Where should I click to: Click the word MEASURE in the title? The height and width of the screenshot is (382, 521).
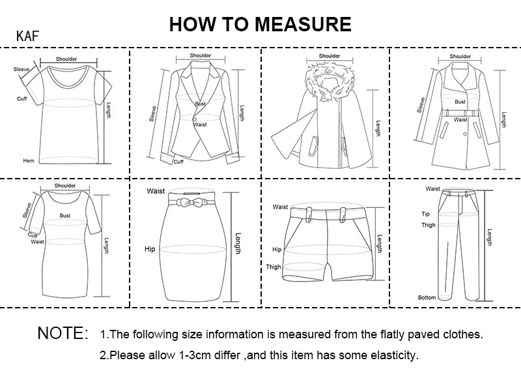click(x=303, y=24)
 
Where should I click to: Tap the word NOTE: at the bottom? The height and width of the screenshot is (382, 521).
click(x=63, y=334)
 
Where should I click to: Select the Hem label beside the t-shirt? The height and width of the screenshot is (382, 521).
click(x=28, y=160)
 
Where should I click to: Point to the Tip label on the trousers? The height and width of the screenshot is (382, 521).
click(x=425, y=214)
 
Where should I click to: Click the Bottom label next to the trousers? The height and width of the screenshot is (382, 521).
click(x=427, y=297)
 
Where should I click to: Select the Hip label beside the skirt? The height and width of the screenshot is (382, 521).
click(x=150, y=249)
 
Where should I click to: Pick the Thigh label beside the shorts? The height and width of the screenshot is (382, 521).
click(x=274, y=267)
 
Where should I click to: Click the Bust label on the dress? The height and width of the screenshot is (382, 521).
click(x=65, y=214)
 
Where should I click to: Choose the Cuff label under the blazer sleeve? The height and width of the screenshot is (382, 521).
click(x=178, y=162)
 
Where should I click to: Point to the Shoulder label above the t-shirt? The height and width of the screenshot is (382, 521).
click(x=66, y=59)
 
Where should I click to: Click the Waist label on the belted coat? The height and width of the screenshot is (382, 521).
click(x=460, y=120)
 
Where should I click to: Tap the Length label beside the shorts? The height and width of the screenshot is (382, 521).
click(x=379, y=246)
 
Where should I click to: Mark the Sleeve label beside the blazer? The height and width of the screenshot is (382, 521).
click(x=153, y=114)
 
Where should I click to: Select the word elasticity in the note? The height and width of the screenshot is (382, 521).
click(x=393, y=356)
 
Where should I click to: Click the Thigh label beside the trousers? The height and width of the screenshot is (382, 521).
click(x=428, y=226)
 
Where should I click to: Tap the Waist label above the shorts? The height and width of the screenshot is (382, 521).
click(x=280, y=207)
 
